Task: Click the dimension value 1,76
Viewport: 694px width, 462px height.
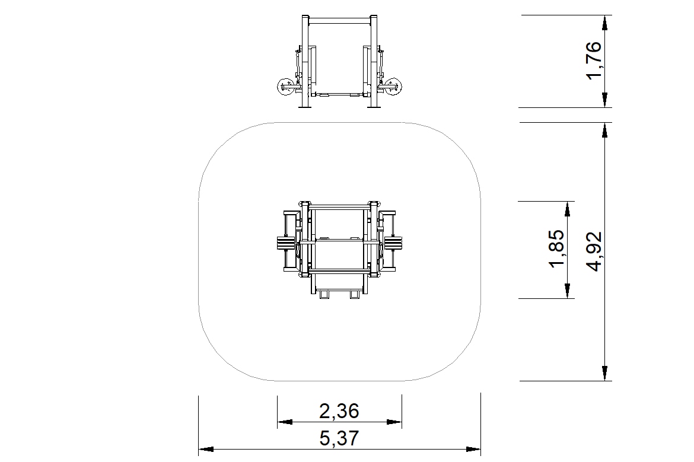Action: click(594, 60)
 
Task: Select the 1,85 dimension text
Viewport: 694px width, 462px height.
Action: click(556, 248)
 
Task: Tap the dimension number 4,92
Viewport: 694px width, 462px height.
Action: click(594, 251)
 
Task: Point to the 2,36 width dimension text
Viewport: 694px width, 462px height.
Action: click(339, 411)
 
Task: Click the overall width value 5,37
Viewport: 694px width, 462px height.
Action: click(339, 438)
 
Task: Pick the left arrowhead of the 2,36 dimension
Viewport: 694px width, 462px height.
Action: click(285, 422)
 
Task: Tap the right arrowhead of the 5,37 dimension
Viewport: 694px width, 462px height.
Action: click(473, 450)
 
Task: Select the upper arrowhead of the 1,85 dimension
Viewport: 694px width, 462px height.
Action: click(568, 209)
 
